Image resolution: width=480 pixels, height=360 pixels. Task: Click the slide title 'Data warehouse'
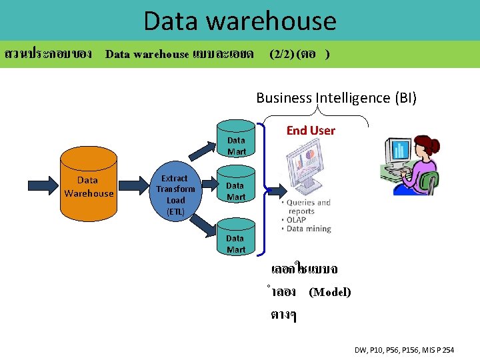(240, 21)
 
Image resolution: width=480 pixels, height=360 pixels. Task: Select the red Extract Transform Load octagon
(176, 194)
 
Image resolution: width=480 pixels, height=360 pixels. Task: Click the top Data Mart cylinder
(236, 140)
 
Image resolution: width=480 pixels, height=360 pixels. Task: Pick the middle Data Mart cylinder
(236, 190)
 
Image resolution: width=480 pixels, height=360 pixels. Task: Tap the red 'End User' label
(311, 131)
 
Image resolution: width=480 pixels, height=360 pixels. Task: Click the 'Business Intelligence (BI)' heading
(336, 98)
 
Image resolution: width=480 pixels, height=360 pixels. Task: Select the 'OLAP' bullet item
(297, 220)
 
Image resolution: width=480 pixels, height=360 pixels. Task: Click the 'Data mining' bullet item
(309, 229)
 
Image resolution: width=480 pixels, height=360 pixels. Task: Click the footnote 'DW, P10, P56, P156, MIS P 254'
(404, 350)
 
